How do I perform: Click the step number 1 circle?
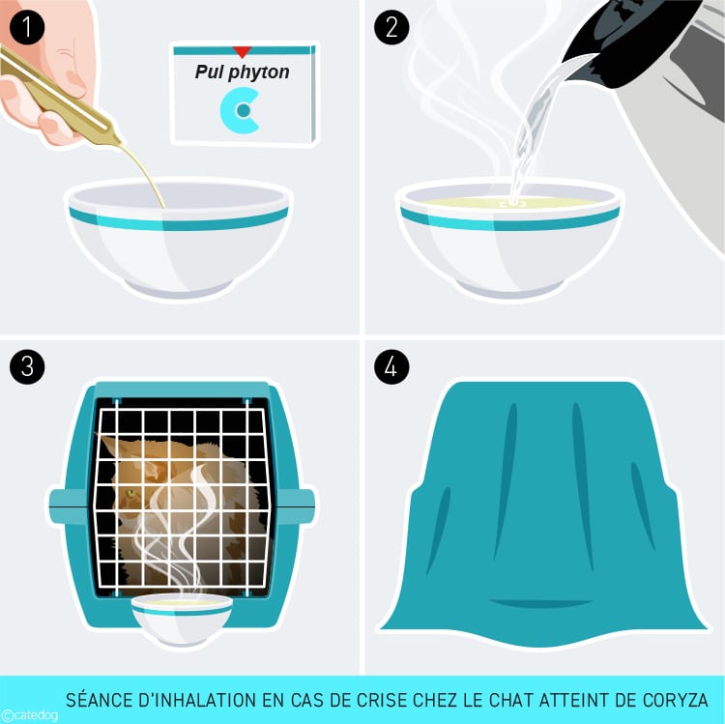tap(27, 27)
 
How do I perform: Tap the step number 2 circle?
tap(391, 27)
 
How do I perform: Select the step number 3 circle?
tap(27, 366)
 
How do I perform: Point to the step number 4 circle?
tap(391, 366)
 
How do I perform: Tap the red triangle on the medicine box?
tap(242, 51)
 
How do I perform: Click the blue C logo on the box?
tap(240, 111)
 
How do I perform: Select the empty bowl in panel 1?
tap(179, 237)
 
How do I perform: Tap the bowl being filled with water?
tap(509, 238)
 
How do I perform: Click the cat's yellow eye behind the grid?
tap(131, 493)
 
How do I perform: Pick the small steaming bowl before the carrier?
tap(182, 618)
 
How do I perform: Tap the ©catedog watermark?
tap(29, 715)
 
